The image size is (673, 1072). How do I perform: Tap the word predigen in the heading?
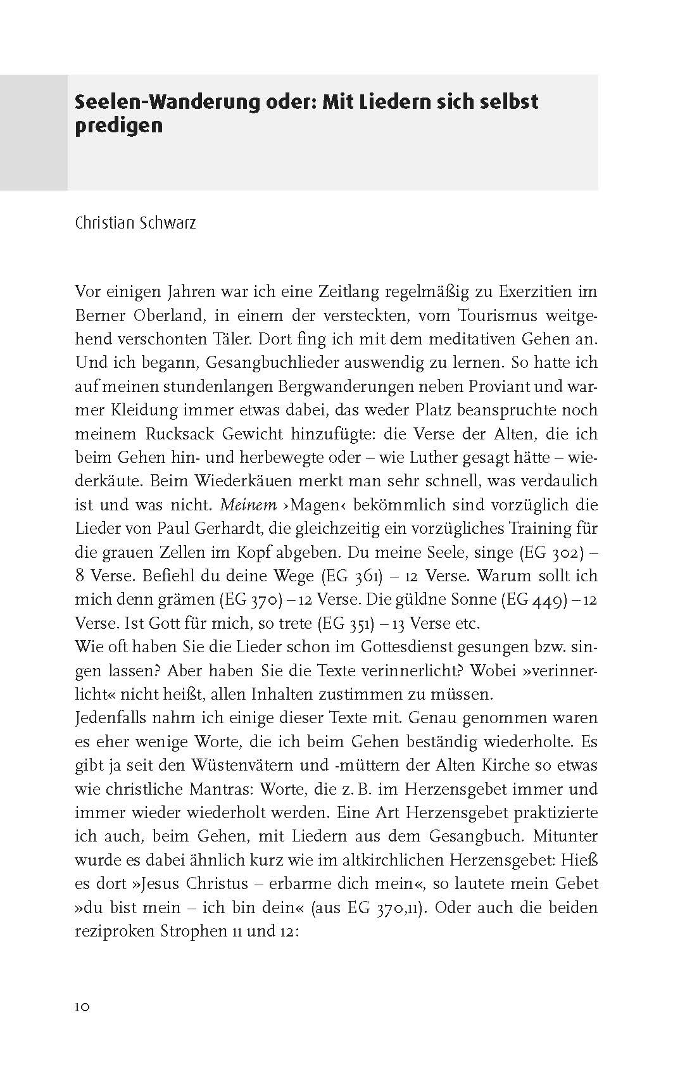tap(118, 125)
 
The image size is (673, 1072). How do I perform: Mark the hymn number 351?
tap(363, 623)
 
